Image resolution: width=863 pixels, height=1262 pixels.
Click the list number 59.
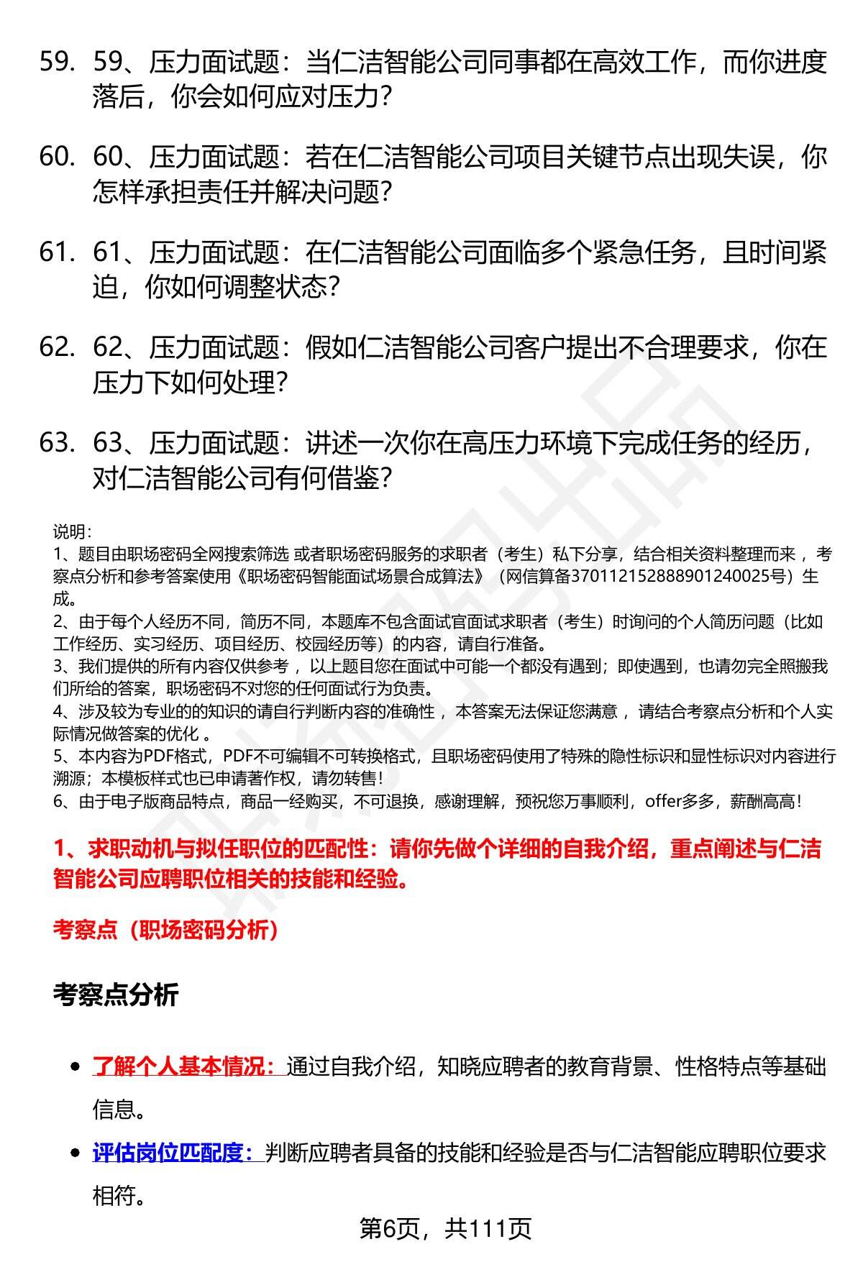(x=57, y=63)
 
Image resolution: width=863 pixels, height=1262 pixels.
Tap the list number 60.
(x=57, y=157)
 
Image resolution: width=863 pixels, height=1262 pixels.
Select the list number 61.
(x=57, y=252)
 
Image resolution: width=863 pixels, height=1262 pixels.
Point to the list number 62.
(x=57, y=348)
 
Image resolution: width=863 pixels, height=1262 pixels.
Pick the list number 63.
(x=57, y=443)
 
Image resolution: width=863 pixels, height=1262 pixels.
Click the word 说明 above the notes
(x=71, y=532)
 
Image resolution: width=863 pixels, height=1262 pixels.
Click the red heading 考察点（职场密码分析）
(x=165, y=931)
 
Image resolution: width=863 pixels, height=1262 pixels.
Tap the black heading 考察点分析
(x=115, y=995)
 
